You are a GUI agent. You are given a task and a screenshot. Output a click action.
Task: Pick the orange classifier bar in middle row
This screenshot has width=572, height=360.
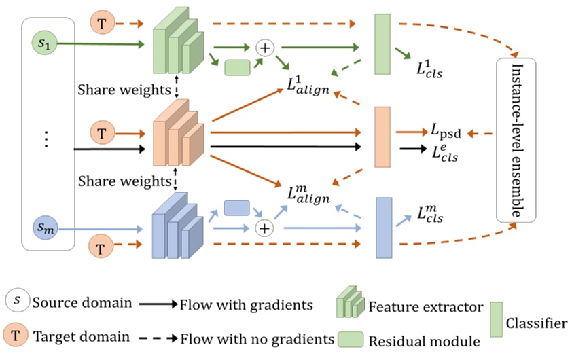coord(382,136)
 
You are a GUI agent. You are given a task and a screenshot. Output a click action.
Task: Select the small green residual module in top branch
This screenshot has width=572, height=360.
coord(236,67)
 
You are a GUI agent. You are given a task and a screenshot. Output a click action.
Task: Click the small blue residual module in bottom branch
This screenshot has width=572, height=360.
coord(236,207)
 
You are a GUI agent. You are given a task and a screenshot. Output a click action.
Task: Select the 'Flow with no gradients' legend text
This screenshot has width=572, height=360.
coord(257,337)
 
